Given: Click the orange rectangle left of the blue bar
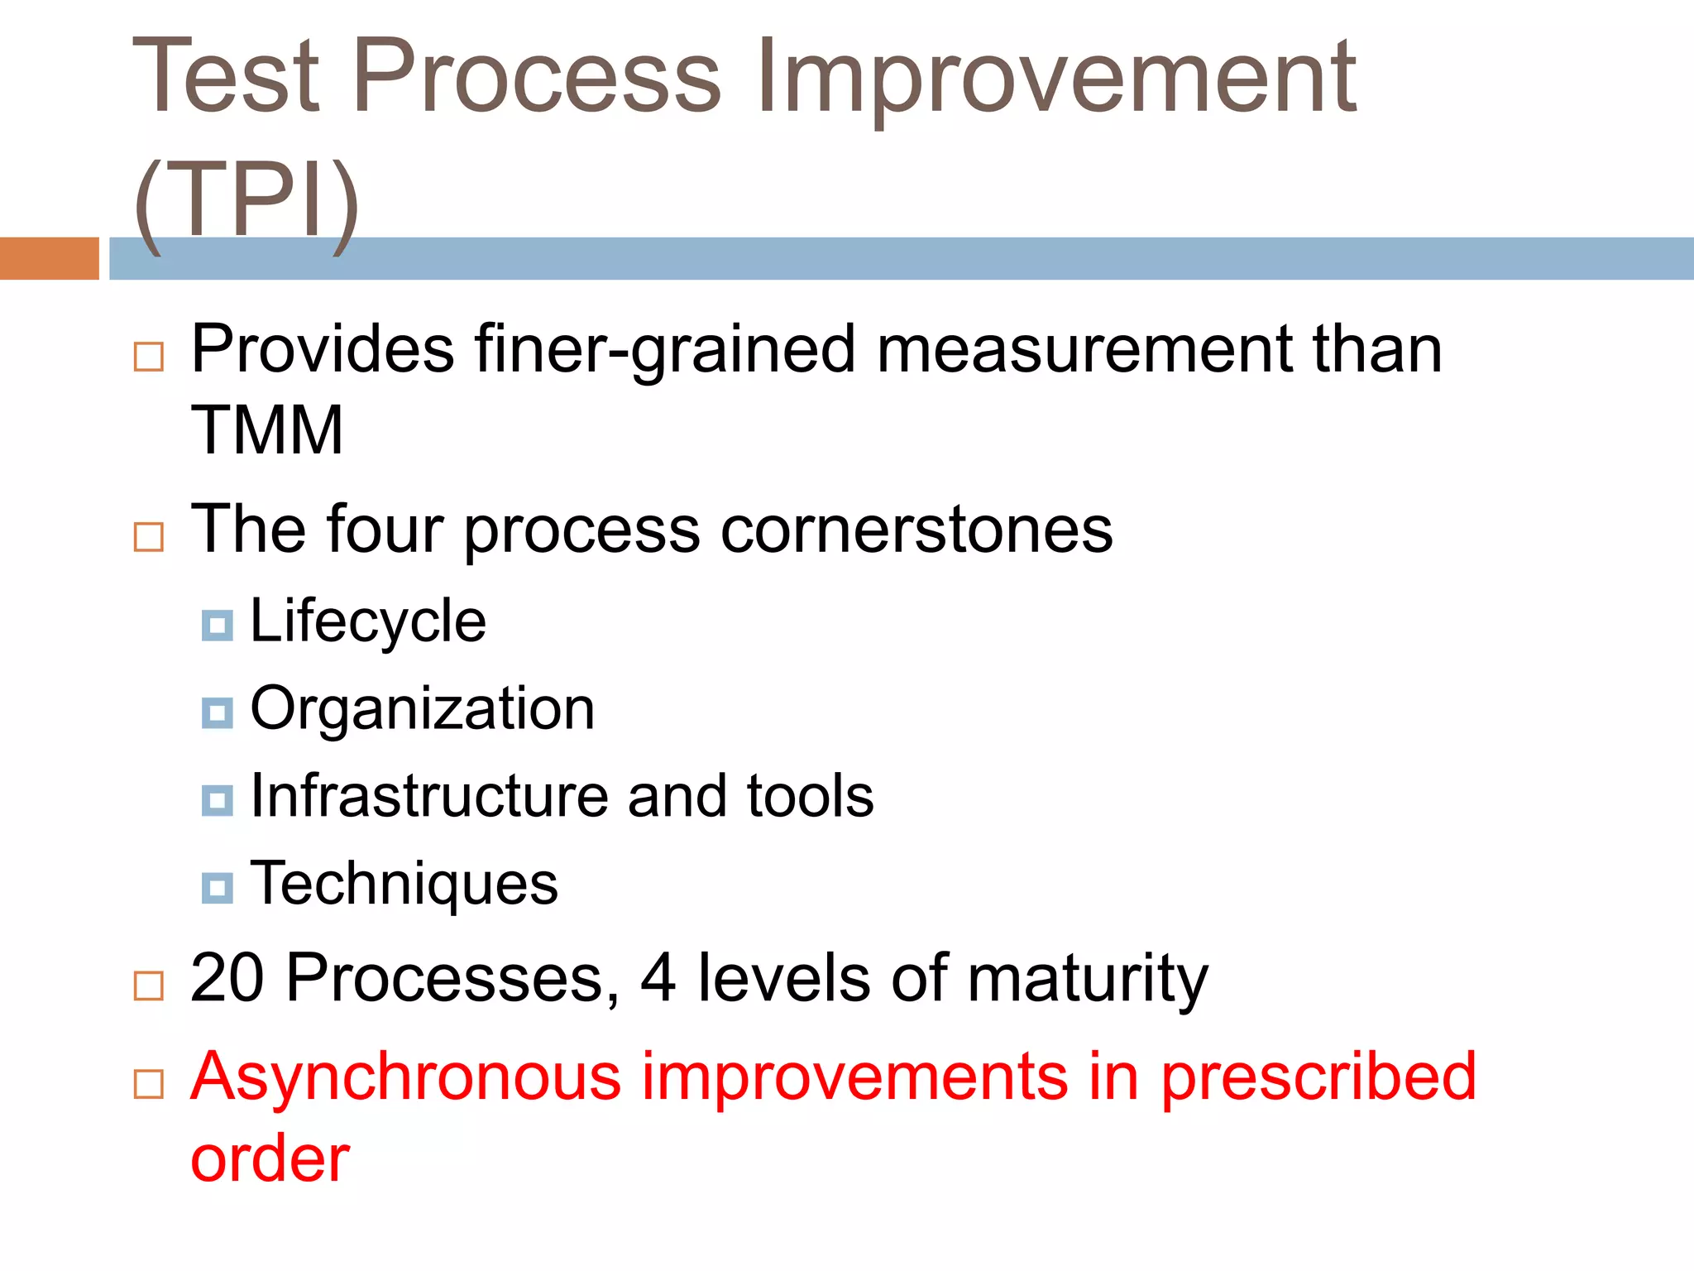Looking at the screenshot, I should tap(49, 258).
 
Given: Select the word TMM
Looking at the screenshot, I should tap(267, 430).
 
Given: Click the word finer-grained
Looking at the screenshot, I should tap(665, 349).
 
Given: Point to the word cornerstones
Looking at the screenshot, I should tap(916, 530).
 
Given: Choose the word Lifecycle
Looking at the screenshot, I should tap(368, 621).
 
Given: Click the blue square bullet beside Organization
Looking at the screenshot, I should tap(218, 712).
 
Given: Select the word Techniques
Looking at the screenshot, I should tap(404, 884).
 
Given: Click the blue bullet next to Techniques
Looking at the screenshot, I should tap(218, 888).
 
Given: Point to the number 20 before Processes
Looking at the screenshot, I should tap(227, 978).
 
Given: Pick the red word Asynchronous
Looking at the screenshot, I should tap(405, 1077).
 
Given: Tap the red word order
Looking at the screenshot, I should tap(270, 1158).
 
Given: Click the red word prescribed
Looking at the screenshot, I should tap(1318, 1077).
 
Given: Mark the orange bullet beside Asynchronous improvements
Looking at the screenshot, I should tap(149, 1083).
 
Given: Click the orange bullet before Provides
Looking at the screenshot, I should tap(149, 357).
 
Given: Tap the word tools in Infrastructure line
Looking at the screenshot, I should tap(810, 796).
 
